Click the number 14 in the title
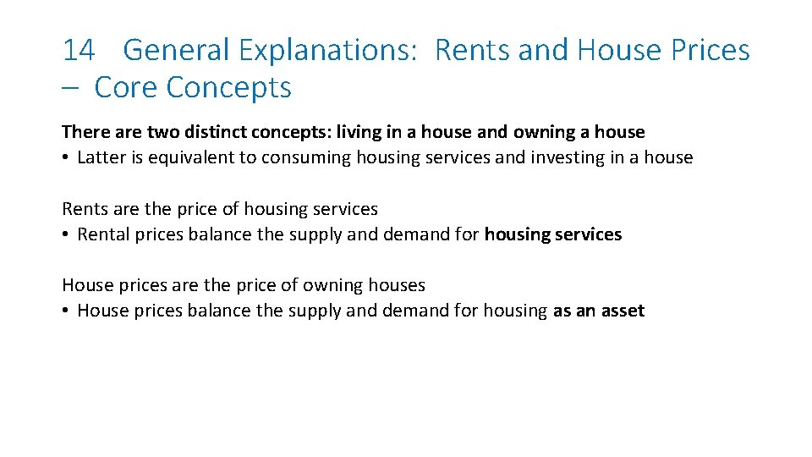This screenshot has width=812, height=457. click(78, 51)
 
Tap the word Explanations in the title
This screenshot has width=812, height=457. click(327, 51)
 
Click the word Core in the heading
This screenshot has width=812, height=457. click(127, 87)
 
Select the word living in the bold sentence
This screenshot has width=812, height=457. click(359, 132)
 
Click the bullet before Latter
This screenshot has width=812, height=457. click(65, 158)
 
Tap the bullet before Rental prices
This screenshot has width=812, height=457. click(65, 235)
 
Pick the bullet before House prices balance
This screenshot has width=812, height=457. click(65, 311)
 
